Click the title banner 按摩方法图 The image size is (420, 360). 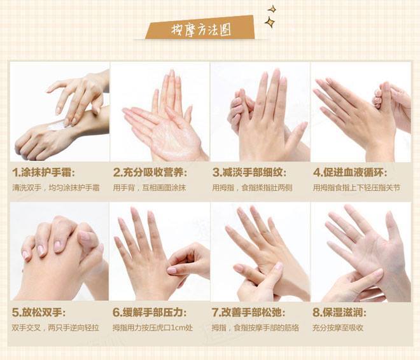point(200,28)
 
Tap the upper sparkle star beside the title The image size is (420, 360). point(272,10)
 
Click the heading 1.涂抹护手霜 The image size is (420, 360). point(44,172)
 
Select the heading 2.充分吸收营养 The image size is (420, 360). point(150,172)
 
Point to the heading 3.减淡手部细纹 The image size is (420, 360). point(249,172)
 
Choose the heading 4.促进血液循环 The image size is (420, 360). point(351,172)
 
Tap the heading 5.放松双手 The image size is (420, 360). point(39,312)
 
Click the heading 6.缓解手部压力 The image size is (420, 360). point(150,312)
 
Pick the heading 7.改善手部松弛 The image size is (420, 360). point(249,312)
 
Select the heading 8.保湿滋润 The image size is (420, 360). point(339,312)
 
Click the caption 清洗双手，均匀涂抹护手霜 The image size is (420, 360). point(56,188)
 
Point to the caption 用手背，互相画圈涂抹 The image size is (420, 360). point(149,188)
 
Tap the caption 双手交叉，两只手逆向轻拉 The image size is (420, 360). point(55,328)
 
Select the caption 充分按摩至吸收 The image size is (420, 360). point(338,328)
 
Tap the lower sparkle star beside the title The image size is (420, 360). point(270,22)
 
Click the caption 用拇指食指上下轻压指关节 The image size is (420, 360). point(356,188)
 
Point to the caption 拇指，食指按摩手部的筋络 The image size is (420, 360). point(255,328)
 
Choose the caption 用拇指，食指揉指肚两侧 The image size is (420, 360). point(253,188)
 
